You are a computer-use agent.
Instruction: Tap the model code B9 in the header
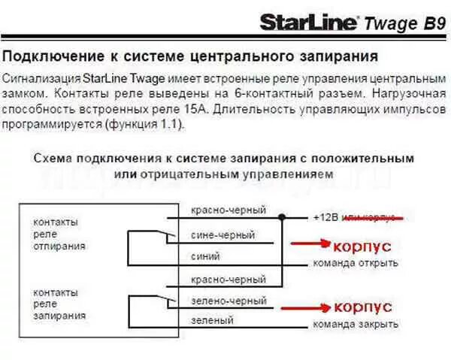point(430,23)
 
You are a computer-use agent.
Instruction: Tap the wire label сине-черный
point(222,235)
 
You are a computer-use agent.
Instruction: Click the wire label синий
point(206,256)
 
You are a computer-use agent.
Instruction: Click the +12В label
point(325,218)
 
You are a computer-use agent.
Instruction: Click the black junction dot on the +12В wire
point(282,217)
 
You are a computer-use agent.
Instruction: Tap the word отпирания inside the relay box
point(59,246)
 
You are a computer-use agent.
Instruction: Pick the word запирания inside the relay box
point(59,316)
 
